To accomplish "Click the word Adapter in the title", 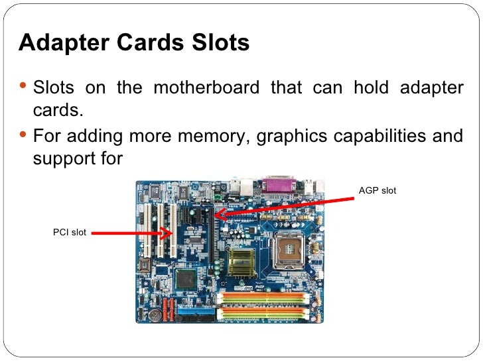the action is point(57,44).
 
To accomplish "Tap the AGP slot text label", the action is point(378,191).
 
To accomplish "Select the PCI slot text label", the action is point(70,232).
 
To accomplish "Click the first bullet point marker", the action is point(24,86).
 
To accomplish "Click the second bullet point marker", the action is point(24,136).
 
